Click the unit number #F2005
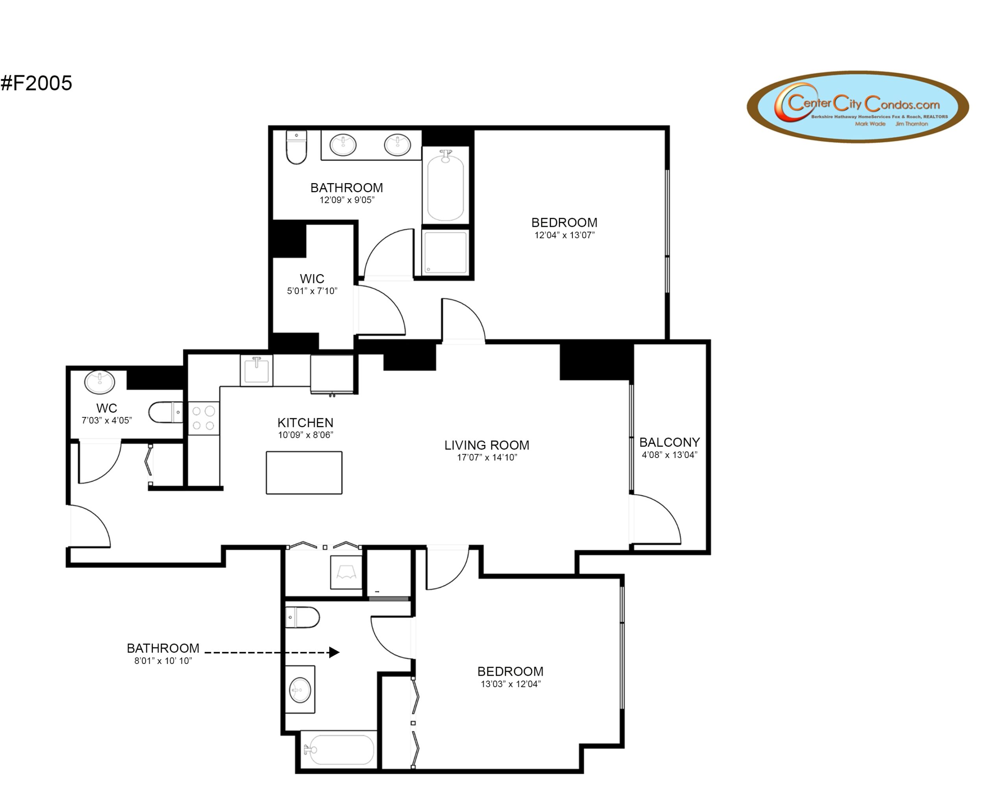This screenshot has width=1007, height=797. (x=36, y=83)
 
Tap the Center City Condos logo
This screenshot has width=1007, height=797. (x=858, y=106)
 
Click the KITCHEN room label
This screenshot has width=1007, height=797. (x=305, y=423)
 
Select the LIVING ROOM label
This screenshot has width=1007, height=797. (x=487, y=445)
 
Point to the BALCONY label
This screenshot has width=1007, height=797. (x=669, y=442)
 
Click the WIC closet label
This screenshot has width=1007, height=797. (x=312, y=279)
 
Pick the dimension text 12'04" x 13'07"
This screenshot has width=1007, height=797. (x=564, y=235)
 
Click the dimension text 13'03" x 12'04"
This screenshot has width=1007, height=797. (x=511, y=684)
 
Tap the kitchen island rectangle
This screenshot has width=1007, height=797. (x=304, y=472)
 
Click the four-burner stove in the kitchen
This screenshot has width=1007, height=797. (x=203, y=418)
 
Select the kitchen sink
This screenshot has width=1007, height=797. (x=256, y=370)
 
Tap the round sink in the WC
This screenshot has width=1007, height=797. (x=99, y=382)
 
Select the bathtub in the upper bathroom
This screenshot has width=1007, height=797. (x=445, y=187)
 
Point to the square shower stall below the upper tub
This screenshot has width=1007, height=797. (x=445, y=252)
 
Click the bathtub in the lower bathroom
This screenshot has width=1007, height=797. (x=339, y=749)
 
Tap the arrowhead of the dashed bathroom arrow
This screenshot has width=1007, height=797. (x=334, y=652)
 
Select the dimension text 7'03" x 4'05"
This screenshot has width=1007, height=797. (x=107, y=421)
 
